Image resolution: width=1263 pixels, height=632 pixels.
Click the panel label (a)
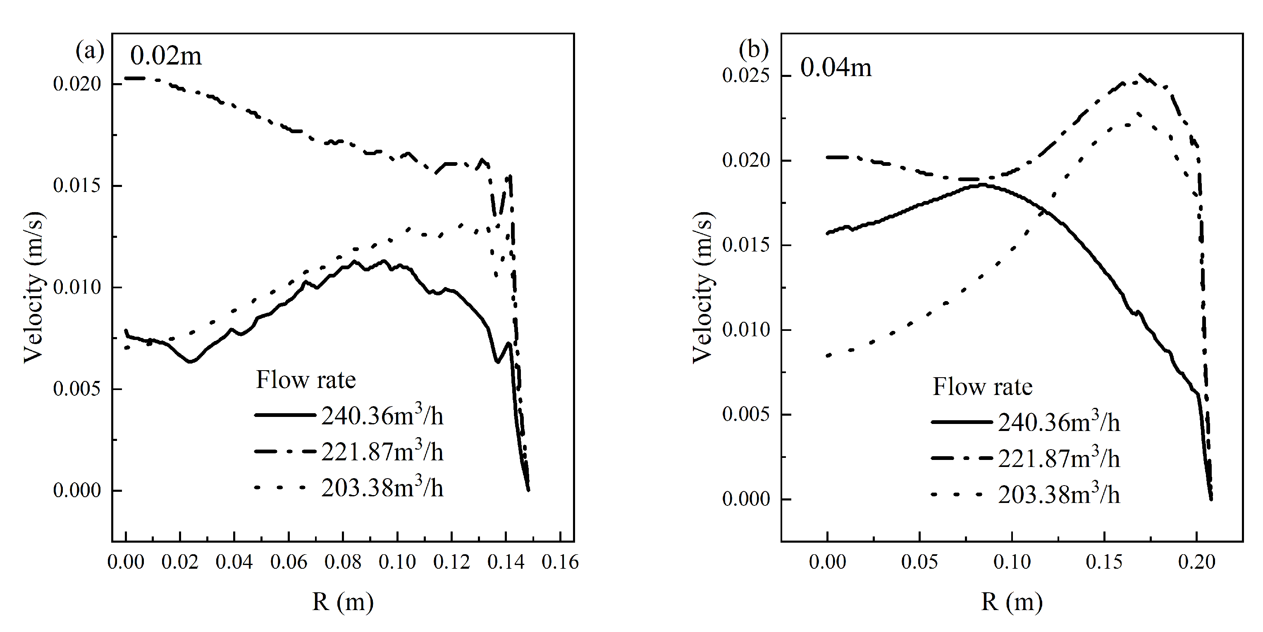[x=90, y=50]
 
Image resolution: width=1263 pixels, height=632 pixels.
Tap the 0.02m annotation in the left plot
[x=166, y=56]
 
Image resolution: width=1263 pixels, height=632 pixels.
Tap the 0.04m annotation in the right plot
[x=836, y=68]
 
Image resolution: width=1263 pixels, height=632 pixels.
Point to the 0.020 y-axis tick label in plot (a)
[x=77, y=84]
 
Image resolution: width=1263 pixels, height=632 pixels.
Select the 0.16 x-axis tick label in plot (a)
[x=560, y=562]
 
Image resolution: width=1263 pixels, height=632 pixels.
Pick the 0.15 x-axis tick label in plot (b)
[x=1104, y=562]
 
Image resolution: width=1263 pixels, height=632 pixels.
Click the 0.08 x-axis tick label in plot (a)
[x=343, y=562]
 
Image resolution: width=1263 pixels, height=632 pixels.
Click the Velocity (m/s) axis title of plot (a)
[x=34, y=287]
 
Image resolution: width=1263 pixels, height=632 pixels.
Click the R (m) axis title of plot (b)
[x=1012, y=601]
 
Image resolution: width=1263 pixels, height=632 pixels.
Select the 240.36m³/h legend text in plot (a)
[x=382, y=416]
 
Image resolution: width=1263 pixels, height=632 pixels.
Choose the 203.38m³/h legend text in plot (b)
[x=1059, y=495]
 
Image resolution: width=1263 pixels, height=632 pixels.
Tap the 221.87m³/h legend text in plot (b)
[x=1059, y=458]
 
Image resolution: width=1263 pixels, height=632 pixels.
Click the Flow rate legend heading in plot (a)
[x=306, y=380]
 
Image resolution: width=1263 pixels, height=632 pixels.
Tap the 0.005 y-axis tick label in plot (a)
[x=77, y=389]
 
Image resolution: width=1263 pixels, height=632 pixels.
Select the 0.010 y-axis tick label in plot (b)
[x=746, y=330]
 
